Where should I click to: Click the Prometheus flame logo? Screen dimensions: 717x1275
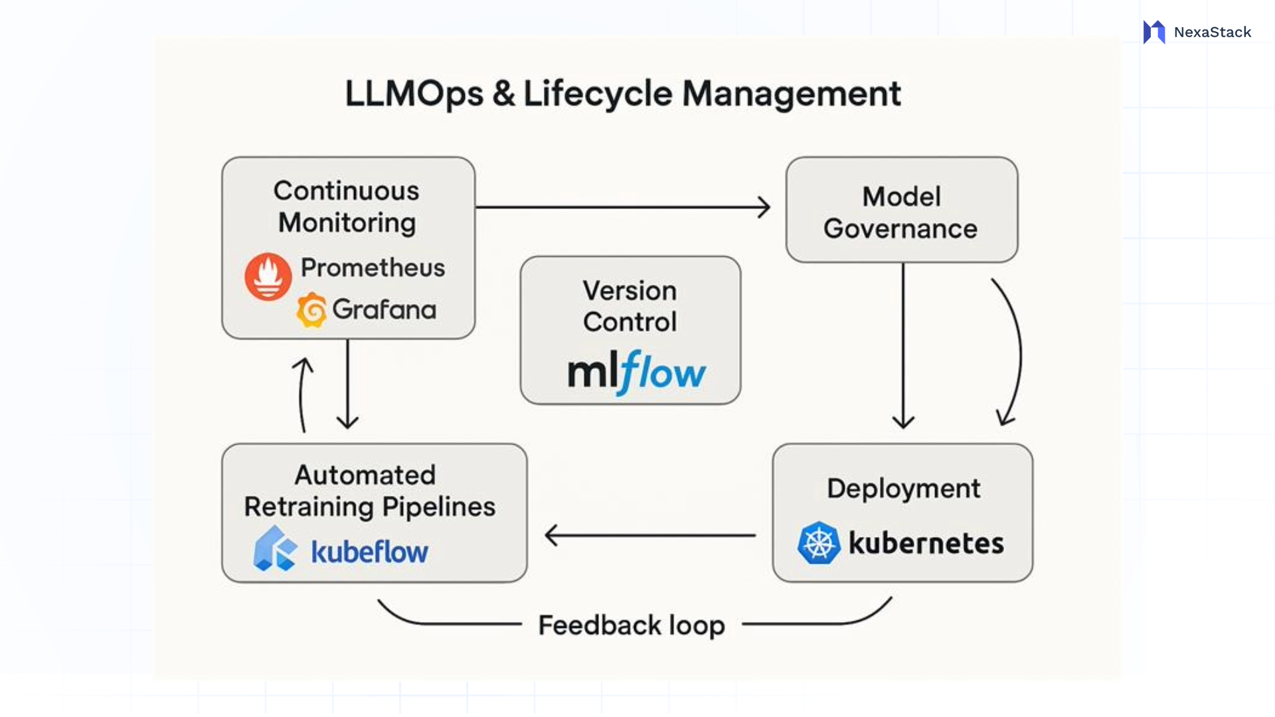pyautogui.click(x=268, y=276)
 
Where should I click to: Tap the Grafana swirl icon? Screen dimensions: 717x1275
pyautogui.click(x=311, y=310)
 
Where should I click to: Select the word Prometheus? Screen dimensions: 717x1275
pyautogui.click(x=373, y=268)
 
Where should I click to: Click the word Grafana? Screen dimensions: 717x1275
pyautogui.click(x=384, y=309)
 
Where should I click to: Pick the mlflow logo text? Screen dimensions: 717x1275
pyautogui.click(x=636, y=372)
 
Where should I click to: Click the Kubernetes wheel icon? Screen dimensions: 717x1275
pyautogui.click(x=819, y=543)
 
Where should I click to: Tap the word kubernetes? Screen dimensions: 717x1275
pyautogui.click(x=926, y=543)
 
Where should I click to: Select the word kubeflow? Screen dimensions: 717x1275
pyautogui.click(x=369, y=552)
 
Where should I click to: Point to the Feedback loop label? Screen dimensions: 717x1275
pyautogui.click(x=631, y=625)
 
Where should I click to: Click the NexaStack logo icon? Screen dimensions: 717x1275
pyautogui.click(x=1154, y=32)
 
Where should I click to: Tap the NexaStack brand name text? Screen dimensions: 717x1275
pyautogui.click(x=1212, y=32)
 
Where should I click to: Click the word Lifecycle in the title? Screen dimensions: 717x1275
pyautogui.click(x=598, y=93)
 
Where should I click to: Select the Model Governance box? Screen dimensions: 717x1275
pyautogui.click(x=901, y=210)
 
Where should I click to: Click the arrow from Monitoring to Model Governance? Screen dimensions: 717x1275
pyautogui.click(x=623, y=207)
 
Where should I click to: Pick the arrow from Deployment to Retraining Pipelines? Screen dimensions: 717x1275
pyautogui.click(x=649, y=534)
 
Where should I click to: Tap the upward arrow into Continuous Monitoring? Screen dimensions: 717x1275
pyautogui.click(x=302, y=395)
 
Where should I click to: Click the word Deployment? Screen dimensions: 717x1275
pyautogui.click(x=903, y=489)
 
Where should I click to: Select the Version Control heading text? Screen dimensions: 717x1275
pyautogui.click(x=630, y=306)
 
